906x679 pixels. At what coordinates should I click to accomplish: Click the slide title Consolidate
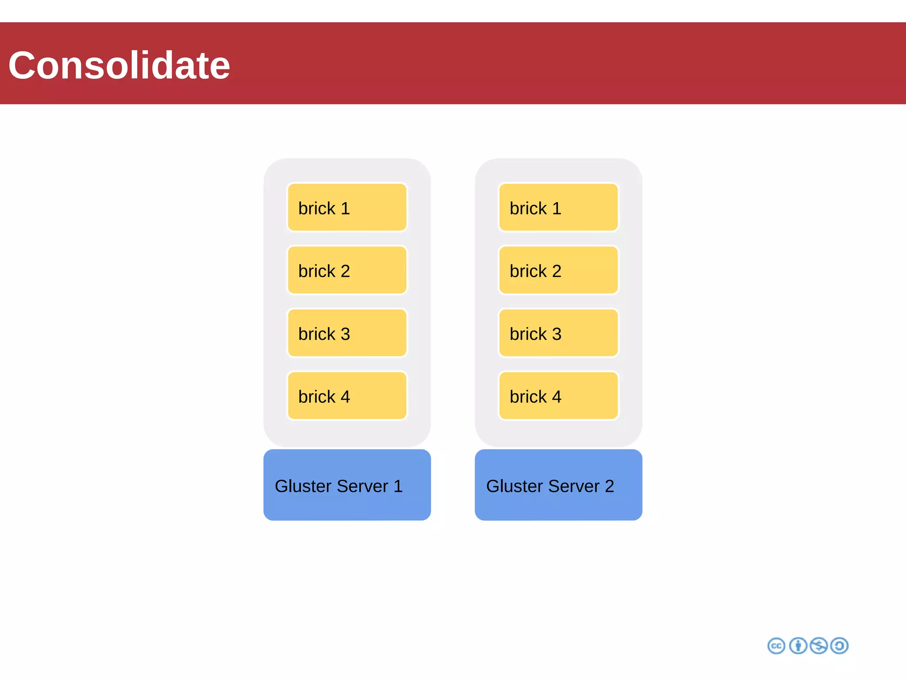pos(119,65)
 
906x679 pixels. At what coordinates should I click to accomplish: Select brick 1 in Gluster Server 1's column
pos(347,207)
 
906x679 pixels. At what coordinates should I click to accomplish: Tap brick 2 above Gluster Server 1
pos(347,270)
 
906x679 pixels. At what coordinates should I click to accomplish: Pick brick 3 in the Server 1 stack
pos(347,333)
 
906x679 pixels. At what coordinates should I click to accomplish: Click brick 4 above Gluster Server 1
pos(347,396)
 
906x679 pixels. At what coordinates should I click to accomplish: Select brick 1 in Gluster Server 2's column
pos(558,207)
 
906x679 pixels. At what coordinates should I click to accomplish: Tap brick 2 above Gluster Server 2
pos(558,270)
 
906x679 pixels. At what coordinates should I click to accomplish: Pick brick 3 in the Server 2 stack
pos(558,333)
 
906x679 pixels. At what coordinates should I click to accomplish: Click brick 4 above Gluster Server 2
pos(558,396)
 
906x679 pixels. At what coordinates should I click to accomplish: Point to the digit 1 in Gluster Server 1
pos(398,486)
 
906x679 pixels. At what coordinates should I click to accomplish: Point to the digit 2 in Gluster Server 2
pos(609,486)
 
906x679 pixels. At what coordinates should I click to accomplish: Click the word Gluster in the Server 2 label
pos(514,486)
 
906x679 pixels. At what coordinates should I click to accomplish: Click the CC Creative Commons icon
pos(776,646)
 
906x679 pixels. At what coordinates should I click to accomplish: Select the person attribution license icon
pos(798,646)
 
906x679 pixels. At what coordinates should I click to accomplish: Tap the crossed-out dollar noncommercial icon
pos(818,646)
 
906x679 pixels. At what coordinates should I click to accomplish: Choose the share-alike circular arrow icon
pos(839,646)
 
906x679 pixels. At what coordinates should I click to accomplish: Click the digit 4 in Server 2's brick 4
pos(557,397)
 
